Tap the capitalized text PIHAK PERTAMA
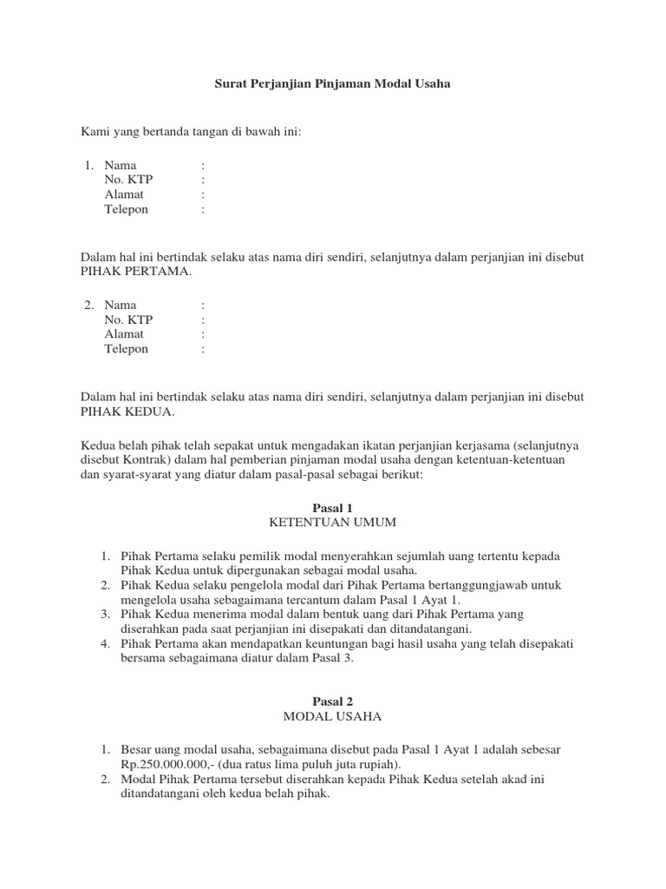coord(135,271)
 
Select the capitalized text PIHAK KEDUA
coord(127,412)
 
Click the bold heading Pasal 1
coord(332,507)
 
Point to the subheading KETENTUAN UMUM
coord(332,522)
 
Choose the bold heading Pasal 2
coord(332,701)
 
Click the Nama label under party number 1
coord(121,165)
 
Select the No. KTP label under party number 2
coord(128,319)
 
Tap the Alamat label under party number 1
coord(124,194)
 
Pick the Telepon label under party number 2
coord(127,349)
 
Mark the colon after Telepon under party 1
coord(203,209)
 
